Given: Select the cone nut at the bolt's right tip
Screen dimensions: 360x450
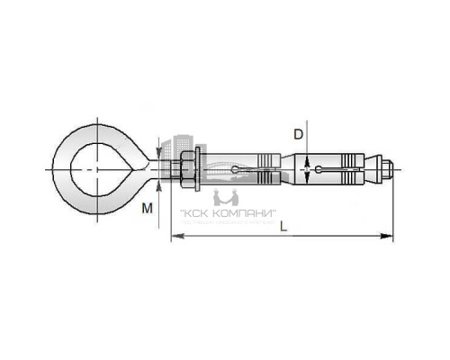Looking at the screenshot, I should click(x=379, y=168).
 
